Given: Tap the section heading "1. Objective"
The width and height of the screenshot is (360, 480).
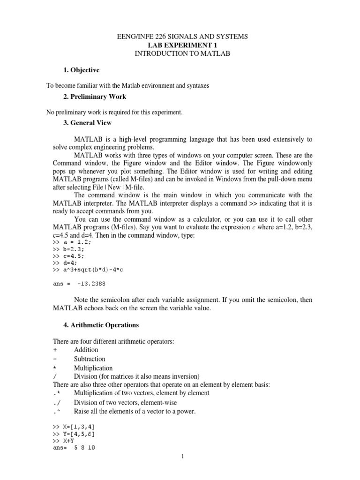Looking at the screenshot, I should point(81,70).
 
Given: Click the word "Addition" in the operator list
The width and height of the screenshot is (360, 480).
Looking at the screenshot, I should point(86,350).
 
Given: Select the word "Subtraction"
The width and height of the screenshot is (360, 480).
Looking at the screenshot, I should point(90,359).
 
